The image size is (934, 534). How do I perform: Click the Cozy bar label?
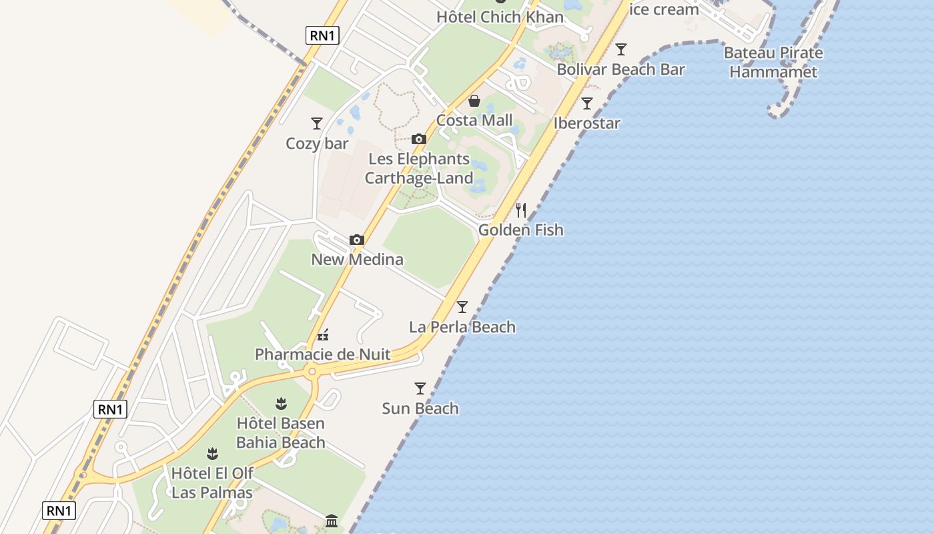click(x=317, y=144)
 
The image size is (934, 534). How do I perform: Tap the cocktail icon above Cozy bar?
click(x=317, y=123)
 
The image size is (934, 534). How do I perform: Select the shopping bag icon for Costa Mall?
click(x=474, y=101)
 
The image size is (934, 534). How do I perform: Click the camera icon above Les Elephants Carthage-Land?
click(x=419, y=139)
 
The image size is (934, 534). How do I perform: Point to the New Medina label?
click(x=357, y=259)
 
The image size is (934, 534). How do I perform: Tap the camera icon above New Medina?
click(x=357, y=240)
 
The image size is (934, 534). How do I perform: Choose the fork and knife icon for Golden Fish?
click(x=521, y=210)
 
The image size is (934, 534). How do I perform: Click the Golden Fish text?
click(x=521, y=230)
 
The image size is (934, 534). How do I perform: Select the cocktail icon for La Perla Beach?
click(x=462, y=307)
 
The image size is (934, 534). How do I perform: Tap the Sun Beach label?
click(x=420, y=408)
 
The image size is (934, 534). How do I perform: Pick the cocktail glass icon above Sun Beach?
click(x=420, y=388)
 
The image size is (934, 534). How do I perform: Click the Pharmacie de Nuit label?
click(x=323, y=354)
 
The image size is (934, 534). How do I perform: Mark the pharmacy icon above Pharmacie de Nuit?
click(x=323, y=335)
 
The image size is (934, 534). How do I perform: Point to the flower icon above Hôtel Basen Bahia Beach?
click(x=281, y=403)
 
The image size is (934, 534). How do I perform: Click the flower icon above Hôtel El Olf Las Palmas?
click(x=212, y=454)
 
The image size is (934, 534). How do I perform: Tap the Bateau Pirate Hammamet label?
click(x=773, y=62)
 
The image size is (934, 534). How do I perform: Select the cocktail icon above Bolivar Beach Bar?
click(x=621, y=49)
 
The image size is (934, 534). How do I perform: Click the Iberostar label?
click(x=587, y=123)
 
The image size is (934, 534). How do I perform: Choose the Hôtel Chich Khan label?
click(x=500, y=17)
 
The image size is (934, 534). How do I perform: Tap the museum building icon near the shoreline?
click(x=332, y=520)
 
